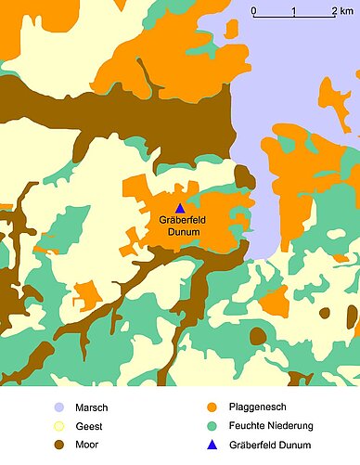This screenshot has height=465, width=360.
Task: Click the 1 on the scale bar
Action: (x=293, y=11)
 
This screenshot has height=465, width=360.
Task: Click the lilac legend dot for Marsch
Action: (x=59, y=407)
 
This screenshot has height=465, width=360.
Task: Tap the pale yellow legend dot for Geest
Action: (x=59, y=427)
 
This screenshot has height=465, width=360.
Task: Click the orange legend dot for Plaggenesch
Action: (x=212, y=407)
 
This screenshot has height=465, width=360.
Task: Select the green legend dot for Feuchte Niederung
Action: (x=212, y=427)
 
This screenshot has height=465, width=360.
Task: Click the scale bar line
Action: (x=295, y=19)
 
